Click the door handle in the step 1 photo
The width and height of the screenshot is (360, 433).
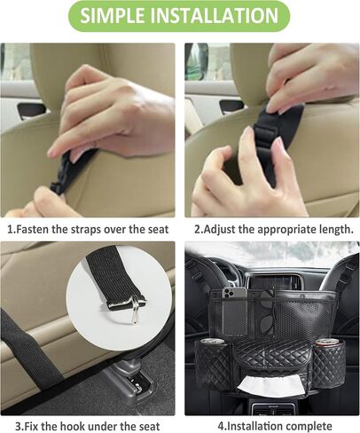[x=31, y=110]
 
